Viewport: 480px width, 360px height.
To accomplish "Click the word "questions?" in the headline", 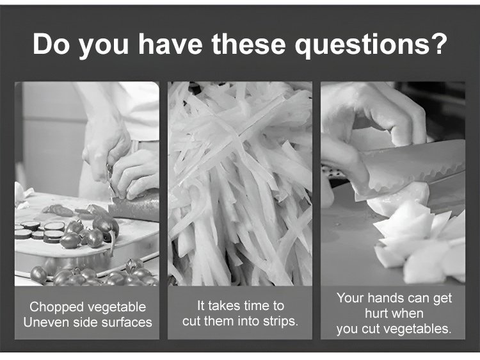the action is click(x=371, y=45).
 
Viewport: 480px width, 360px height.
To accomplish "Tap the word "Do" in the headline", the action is click(x=52, y=44).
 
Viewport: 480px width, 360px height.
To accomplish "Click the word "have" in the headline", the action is click(x=170, y=44).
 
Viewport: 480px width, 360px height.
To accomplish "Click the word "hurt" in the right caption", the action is click(x=376, y=313).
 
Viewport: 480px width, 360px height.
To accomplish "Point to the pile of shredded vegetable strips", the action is click(x=240, y=184).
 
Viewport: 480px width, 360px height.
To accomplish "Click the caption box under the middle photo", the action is click(x=240, y=313).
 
